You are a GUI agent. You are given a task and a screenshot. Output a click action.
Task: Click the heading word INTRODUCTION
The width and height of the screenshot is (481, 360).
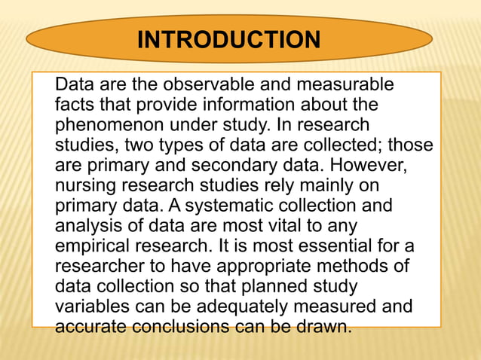pos(228,38)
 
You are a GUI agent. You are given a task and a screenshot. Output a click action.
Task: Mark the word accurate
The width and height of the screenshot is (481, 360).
pos(90,328)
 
